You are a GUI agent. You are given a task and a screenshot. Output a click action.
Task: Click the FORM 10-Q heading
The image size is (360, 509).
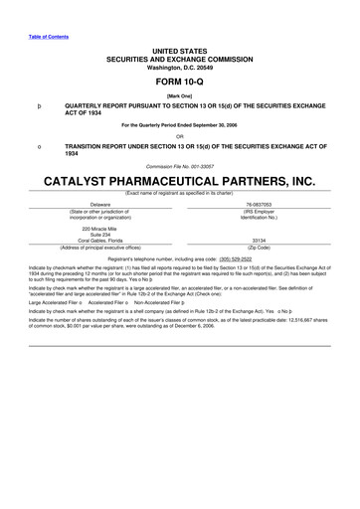pyautogui.click(x=178, y=85)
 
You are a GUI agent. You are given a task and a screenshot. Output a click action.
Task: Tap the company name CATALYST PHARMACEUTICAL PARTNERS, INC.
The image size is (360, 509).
pyautogui.click(x=179, y=183)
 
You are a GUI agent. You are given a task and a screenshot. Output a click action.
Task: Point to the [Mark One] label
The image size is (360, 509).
pyautogui.click(x=179, y=98)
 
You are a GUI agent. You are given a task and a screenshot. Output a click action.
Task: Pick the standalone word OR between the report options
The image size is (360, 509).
pyautogui.click(x=179, y=136)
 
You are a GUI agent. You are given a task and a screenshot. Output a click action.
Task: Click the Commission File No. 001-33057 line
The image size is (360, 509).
pyautogui.click(x=179, y=168)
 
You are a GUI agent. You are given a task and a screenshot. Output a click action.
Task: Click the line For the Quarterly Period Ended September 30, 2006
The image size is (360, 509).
pyautogui.click(x=179, y=126)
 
